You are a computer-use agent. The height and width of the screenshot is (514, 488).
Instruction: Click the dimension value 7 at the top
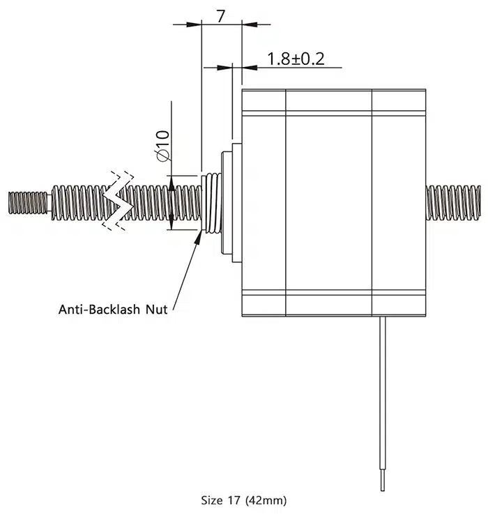[x=221, y=15]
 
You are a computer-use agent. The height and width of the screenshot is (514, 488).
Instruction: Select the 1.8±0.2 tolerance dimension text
[x=296, y=59]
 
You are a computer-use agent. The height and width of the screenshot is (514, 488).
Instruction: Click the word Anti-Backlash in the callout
[x=98, y=309]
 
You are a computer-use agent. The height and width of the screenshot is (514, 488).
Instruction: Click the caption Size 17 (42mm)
[x=243, y=500]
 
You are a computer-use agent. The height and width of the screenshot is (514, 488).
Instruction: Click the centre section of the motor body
[x=329, y=202]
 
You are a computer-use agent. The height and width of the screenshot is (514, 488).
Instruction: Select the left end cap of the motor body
[x=264, y=202]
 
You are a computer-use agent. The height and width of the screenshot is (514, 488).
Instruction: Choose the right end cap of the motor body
[x=399, y=202]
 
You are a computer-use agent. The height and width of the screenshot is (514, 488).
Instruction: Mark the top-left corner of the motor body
[x=241, y=90]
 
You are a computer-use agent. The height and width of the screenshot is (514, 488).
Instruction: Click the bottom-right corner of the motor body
[x=426, y=315]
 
